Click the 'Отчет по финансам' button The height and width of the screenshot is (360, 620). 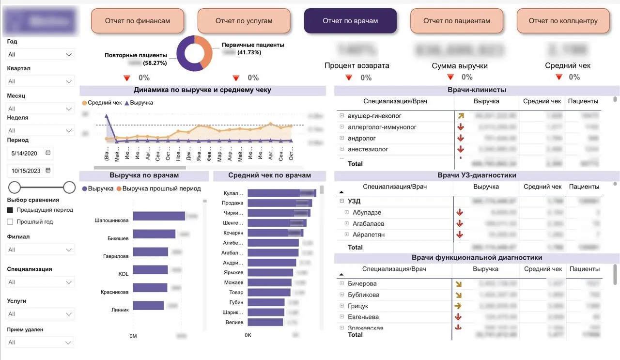click(138, 21)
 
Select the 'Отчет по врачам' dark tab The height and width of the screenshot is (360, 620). click(350, 21)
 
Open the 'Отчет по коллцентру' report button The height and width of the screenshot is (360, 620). click(563, 21)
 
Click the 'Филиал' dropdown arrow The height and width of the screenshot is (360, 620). click(69, 250)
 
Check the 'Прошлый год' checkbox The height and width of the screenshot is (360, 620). click(10, 222)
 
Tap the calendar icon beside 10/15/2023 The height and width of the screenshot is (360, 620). click(48, 171)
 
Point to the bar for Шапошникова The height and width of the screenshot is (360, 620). click(159, 216)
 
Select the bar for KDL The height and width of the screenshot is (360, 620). click(150, 270)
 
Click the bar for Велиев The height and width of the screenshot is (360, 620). click(265, 322)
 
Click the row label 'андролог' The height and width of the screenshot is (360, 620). click(362, 138)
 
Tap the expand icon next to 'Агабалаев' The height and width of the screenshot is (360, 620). click(346, 223)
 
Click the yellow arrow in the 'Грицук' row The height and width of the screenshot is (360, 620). click(458, 306)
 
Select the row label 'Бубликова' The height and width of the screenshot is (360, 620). click(363, 295)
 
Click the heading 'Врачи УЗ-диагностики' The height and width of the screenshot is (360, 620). click(477, 175)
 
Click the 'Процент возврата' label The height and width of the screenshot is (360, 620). click(356, 65)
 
